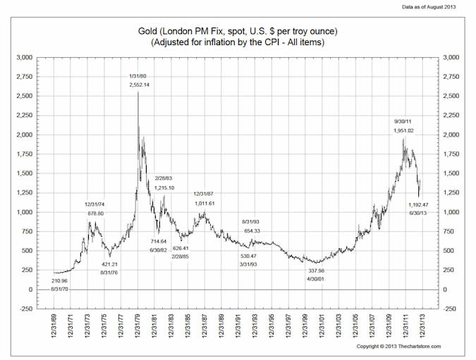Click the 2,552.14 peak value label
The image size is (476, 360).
[x=140, y=85]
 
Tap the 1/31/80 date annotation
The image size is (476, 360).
[x=138, y=75]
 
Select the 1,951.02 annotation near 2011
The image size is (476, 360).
[x=404, y=130]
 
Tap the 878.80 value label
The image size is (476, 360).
[x=94, y=213]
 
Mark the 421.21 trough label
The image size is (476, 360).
[x=110, y=264]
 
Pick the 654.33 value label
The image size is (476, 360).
[x=252, y=230]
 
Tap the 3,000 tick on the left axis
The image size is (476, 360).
[x=25, y=57]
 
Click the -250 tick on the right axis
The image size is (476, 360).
[x=448, y=309]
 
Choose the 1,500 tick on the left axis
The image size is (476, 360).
[x=25, y=173]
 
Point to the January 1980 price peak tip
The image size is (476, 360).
[x=138, y=92]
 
